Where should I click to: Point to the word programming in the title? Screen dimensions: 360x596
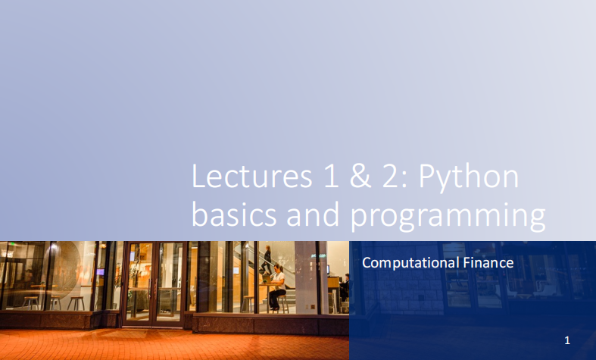tap(448, 217)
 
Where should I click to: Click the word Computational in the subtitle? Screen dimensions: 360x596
tap(408, 263)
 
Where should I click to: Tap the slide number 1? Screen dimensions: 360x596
tap(566, 340)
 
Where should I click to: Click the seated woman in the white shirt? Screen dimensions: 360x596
tap(278, 282)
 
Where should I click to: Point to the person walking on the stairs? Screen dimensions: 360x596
tap(267, 259)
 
